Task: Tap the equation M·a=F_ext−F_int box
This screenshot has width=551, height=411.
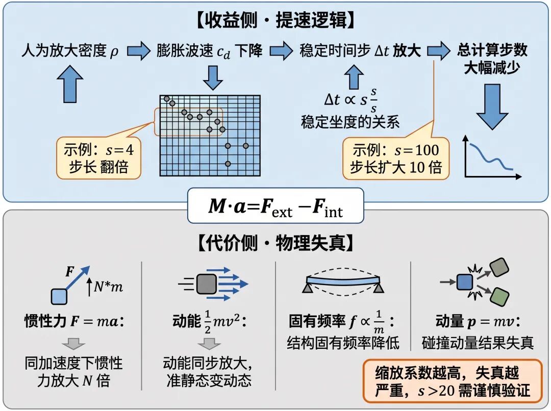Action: coord(275,206)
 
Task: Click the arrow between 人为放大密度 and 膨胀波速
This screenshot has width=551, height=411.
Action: coord(138,51)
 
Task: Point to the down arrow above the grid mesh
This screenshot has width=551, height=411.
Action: coord(213,78)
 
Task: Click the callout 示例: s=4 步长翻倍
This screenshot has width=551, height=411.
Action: coord(99,158)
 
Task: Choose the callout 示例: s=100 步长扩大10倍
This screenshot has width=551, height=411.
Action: coord(396,159)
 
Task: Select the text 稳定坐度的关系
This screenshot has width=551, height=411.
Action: coord(350,122)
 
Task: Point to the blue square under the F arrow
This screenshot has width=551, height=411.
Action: coord(59,296)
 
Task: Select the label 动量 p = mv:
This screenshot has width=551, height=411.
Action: coord(478,322)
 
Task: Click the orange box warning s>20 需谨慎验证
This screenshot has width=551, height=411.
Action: coord(453,381)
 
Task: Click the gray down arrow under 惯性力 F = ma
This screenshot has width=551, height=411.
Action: coord(73,344)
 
